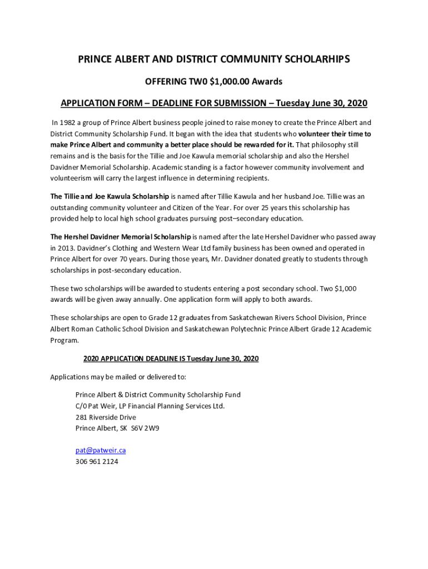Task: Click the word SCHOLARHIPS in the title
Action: (x=315, y=59)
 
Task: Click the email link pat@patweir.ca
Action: (x=97, y=451)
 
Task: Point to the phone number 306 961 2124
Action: (x=97, y=462)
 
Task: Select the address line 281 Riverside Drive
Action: (x=106, y=417)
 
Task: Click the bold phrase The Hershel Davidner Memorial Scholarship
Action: (x=121, y=237)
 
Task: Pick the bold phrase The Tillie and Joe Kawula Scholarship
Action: (x=110, y=196)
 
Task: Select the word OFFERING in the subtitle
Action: (x=164, y=82)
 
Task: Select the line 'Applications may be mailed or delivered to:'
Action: (x=118, y=377)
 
